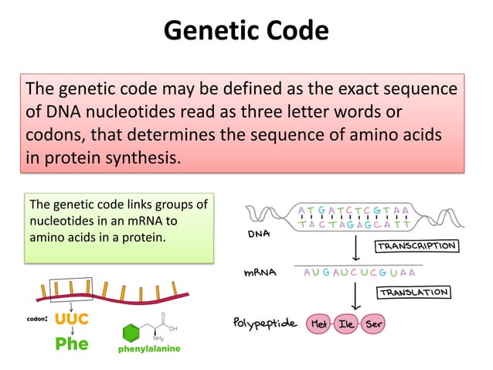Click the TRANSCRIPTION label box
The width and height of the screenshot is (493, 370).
pos(416,246)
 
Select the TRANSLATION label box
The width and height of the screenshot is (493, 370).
pos(413,293)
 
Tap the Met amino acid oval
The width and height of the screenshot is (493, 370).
pos(318,323)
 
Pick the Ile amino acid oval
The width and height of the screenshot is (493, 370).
pos(347,323)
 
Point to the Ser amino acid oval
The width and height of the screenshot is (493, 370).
pos(375,323)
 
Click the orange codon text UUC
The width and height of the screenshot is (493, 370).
pos(72,318)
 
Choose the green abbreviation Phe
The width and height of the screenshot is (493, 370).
pos(71,344)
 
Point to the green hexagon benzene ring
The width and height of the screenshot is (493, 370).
pos(132,333)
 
